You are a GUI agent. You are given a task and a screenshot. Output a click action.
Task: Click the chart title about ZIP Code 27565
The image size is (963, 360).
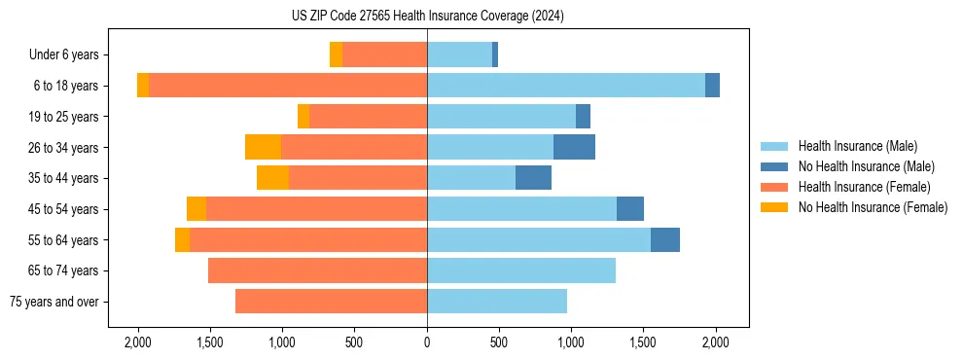(427, 16)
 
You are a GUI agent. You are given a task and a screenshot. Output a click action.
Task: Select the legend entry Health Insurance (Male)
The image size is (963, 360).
(857, 146)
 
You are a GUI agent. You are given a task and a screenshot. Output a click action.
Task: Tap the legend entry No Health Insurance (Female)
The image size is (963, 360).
(872, 207)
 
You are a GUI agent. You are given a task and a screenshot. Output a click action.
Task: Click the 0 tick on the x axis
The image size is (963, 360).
(427, 342)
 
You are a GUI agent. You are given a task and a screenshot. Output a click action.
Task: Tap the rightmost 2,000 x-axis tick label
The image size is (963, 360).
(716, 342)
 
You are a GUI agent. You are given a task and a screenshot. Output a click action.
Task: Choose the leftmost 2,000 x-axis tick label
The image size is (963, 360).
(137, 342)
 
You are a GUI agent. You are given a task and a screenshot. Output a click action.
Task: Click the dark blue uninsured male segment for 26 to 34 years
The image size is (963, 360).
(574, 147)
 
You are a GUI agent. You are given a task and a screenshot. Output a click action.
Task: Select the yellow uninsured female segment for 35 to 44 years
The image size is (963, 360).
(272, 178)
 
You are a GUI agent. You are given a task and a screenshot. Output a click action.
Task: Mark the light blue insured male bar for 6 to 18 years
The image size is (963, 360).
(565, 86)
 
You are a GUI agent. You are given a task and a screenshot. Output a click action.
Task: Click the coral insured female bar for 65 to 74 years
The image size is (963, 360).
(317, 270)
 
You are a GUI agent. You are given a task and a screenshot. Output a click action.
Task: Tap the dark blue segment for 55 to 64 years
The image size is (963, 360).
(665, 240)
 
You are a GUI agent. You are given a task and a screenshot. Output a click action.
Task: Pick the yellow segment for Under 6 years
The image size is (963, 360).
(336, 54)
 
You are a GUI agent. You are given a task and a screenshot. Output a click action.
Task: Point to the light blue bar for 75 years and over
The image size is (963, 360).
(497, 302)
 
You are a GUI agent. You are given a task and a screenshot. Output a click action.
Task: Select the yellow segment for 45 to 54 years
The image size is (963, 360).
(196, 209)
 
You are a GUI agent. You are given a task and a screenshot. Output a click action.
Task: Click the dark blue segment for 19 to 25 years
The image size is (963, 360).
(583, 117)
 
